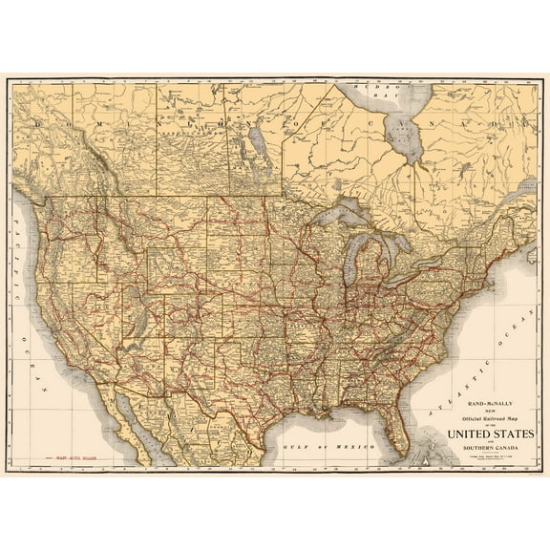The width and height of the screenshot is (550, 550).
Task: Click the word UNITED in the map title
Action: click(467, 435)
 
